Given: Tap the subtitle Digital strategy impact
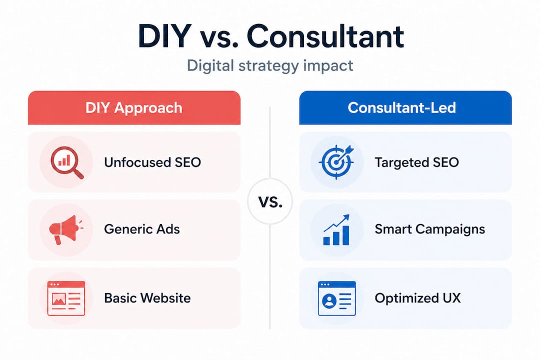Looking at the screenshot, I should [270, 65].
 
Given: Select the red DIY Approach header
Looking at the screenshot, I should [134, 107].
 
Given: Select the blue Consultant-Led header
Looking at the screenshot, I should [405, 107].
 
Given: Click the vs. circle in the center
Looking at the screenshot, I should [270, 202].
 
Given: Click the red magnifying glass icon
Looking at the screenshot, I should [66, 162].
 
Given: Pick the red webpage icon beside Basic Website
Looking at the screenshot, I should [66, 298].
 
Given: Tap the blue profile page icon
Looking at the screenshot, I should [336, 298].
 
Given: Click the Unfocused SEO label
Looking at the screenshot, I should [152, 162].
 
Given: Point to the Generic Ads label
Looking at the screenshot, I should [141, 229].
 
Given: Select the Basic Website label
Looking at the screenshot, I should [147, 298].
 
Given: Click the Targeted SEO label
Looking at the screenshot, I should [416, 162].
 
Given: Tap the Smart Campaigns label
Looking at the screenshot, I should [429, 229].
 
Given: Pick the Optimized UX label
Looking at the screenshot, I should [417, 298].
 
